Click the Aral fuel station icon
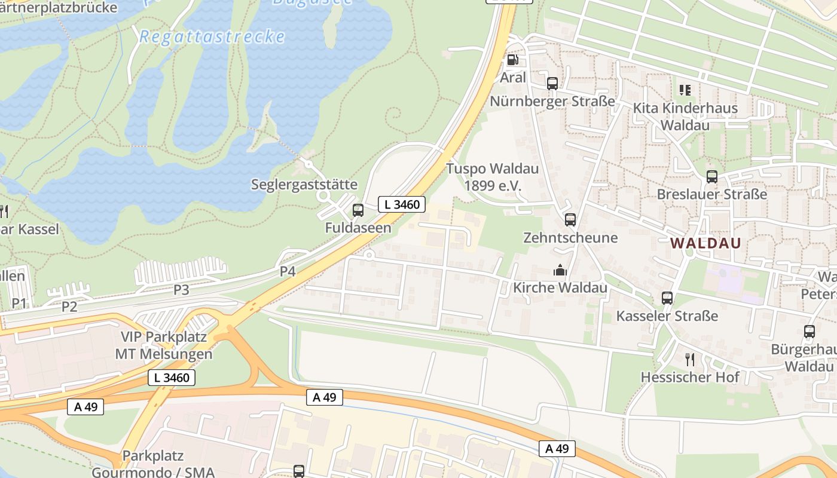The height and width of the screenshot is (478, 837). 512,60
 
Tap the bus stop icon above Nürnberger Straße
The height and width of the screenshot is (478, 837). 552,84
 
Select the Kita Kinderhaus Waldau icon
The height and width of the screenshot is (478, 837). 685,90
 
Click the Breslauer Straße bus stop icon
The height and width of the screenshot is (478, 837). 711,177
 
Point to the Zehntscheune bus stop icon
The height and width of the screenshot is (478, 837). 570,220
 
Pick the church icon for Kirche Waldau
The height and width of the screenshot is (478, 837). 560,270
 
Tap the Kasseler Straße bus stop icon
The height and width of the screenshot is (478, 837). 667,298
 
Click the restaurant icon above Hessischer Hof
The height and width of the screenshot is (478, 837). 690,359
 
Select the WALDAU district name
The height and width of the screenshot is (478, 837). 705,243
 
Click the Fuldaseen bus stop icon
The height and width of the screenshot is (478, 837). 358,210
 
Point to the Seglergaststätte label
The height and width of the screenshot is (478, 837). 304,184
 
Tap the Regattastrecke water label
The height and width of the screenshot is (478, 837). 212,37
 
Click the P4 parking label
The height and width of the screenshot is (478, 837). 288,271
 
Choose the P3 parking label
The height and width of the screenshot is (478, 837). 181,290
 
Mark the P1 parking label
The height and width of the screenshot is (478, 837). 19,304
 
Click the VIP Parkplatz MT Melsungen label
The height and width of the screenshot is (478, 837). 166,345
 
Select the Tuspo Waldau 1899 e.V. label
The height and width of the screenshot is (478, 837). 493,177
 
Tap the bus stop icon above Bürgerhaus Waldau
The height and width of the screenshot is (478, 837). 809,332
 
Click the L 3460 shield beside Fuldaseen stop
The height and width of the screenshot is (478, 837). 402,204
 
